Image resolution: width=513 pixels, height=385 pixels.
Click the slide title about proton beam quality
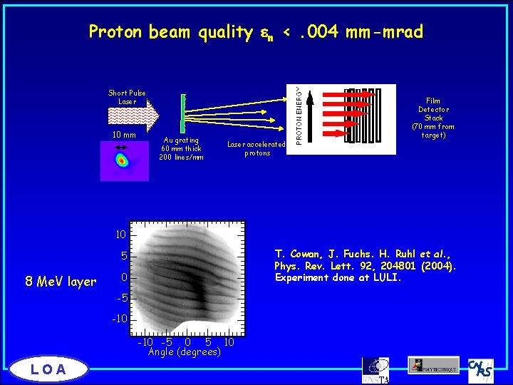click(256, 32)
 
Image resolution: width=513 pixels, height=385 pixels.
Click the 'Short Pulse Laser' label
click(127, 97)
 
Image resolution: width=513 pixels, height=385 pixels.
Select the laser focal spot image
click(124, 161)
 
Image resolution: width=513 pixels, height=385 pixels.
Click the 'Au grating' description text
click(181, 148)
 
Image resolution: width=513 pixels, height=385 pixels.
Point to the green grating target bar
click(183, 113)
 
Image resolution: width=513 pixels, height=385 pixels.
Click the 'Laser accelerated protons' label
click(256, 148)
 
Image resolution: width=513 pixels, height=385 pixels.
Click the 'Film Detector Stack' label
click(433, 118)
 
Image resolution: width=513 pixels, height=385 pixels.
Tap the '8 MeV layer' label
click(61, 282)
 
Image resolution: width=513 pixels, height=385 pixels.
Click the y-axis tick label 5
click(123, 256)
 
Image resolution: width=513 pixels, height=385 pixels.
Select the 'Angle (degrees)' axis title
click(184, 351)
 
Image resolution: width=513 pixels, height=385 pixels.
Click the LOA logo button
click(49, 369)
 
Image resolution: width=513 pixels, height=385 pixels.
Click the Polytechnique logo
click(433, 366)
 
